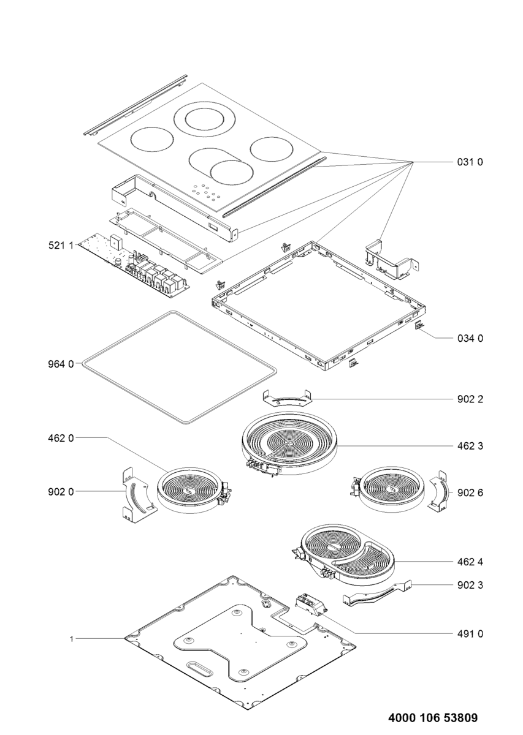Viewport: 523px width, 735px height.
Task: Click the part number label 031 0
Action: (470, 162)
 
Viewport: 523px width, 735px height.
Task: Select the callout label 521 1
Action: (61, 246)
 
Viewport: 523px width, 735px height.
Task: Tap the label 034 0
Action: (470, 338)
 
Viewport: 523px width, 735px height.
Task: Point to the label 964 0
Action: (61, 364)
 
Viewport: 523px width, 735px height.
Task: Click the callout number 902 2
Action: (470, 399)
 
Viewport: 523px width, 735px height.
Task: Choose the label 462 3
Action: (470, 446)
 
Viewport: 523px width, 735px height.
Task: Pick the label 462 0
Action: (61, 438)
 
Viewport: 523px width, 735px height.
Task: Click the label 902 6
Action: (470, 492)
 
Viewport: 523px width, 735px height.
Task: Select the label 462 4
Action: (470, 562)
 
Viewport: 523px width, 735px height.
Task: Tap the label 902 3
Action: (470, 585)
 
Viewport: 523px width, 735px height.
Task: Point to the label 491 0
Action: (470, 634)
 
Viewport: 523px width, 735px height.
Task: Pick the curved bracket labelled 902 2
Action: (286, 398)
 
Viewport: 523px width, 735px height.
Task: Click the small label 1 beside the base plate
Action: (72, 639)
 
